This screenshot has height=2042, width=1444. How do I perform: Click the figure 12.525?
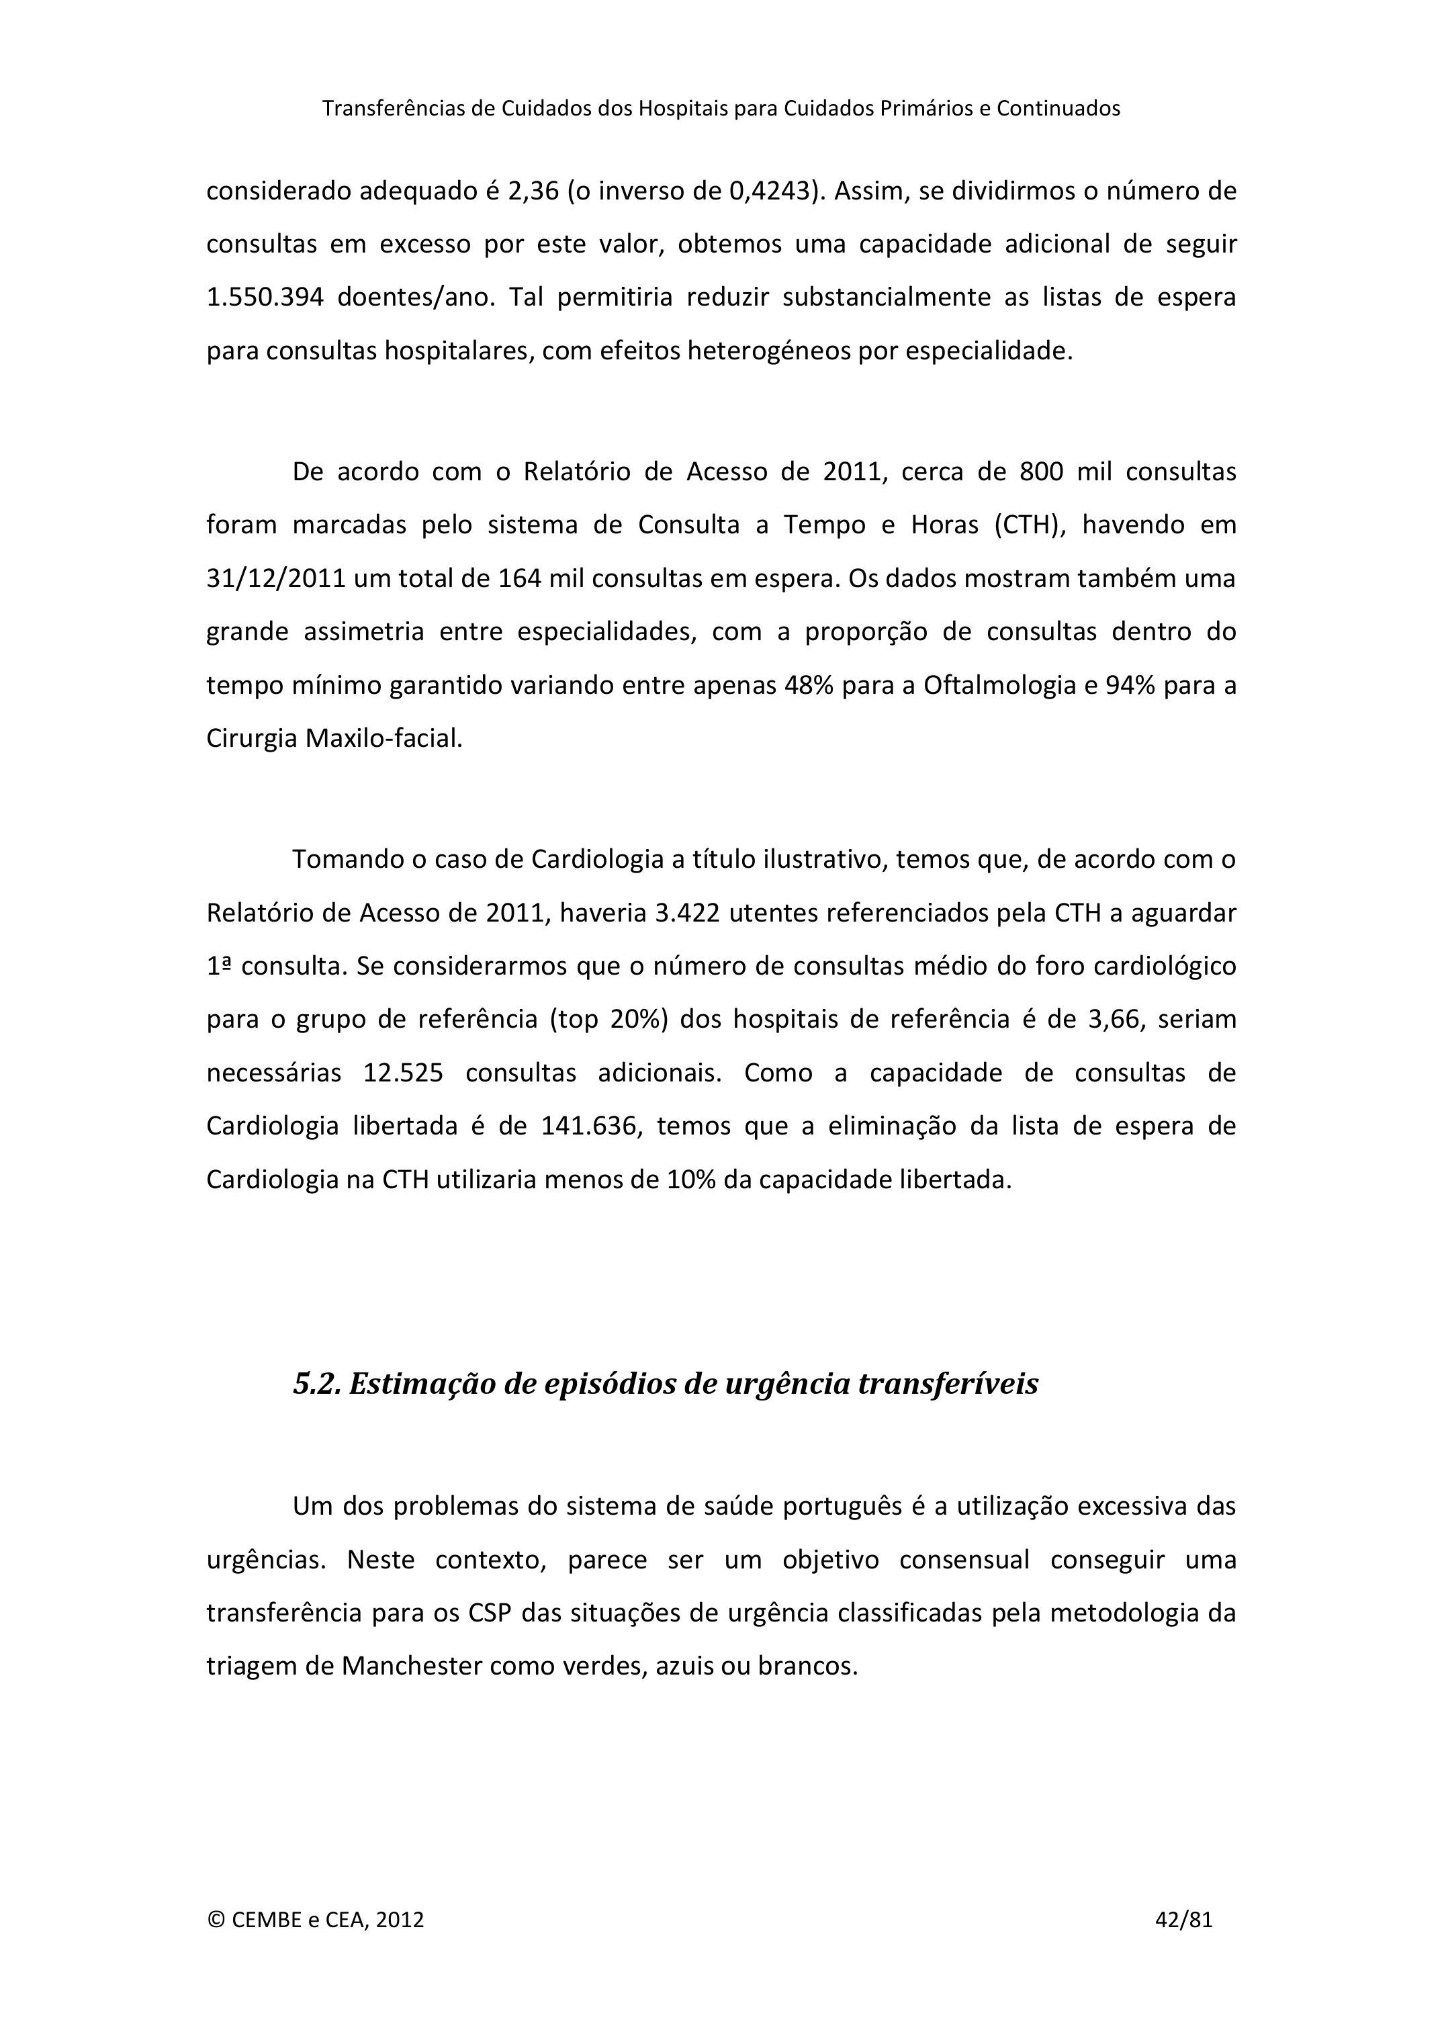tap(403, 1073)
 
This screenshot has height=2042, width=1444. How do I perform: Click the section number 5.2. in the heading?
tap(318, 1384)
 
